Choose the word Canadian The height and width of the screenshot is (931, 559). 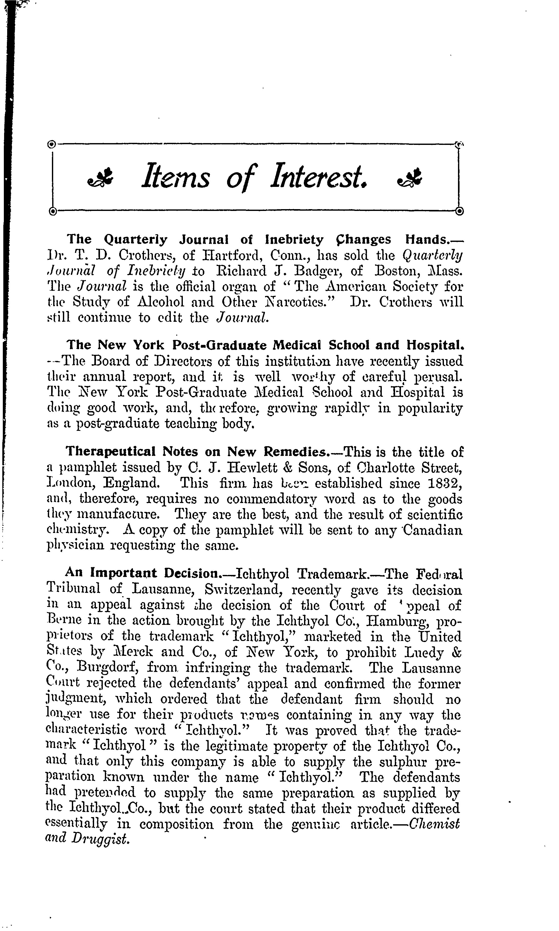click(433, 530)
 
